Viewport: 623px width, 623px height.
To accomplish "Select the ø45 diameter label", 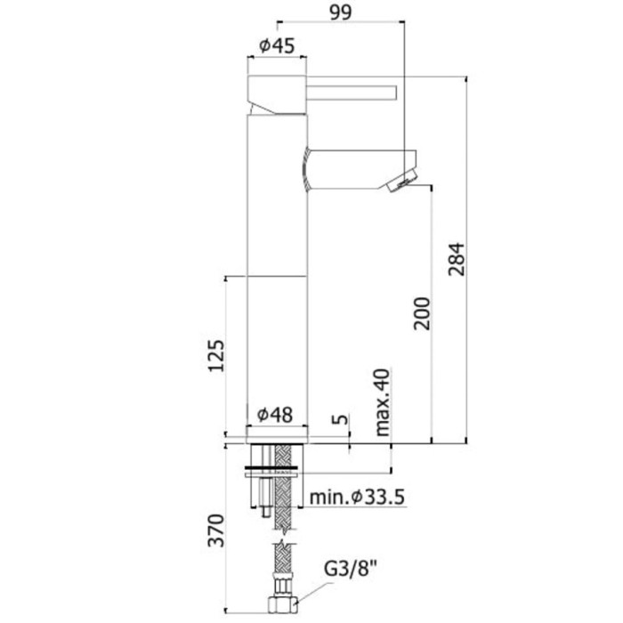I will click(x=276, y=47).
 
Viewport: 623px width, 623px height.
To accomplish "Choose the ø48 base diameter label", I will click(x=276, y=415).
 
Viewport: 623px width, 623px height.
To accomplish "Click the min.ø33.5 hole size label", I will click(x=358, y=497).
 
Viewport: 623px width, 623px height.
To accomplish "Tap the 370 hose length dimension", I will click(x=214, y=530).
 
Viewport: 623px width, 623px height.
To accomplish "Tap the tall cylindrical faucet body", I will click(x=276, y=267).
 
